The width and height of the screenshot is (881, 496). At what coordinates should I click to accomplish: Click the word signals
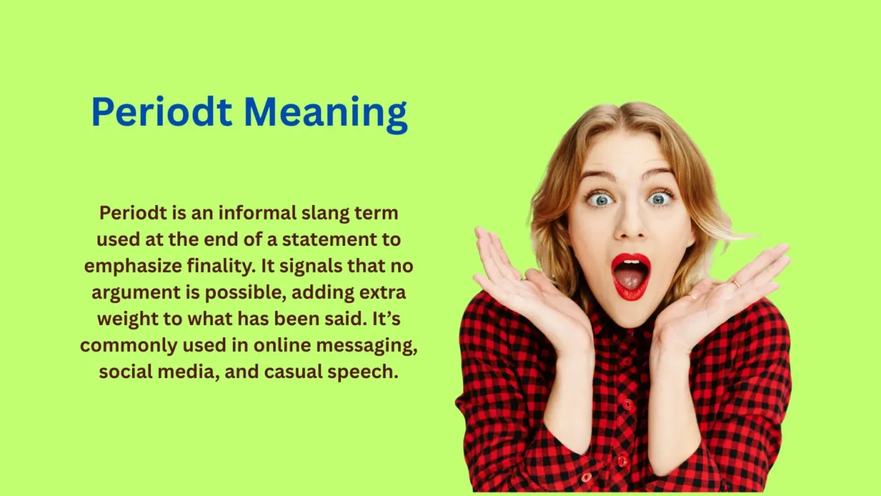click(316, 266)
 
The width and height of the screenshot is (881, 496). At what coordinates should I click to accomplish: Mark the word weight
click(131, 319)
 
